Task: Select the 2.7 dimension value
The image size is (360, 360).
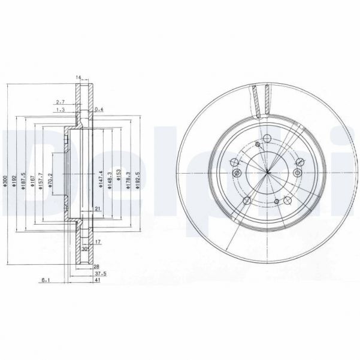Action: [x=60, y=102]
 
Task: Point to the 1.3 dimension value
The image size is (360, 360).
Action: [x=60, y=110]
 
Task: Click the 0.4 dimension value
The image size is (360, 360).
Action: [x=99, y=109]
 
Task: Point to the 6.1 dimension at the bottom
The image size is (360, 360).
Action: [x=46, y=280]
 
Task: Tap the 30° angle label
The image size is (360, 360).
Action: [x=86, y=249]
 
